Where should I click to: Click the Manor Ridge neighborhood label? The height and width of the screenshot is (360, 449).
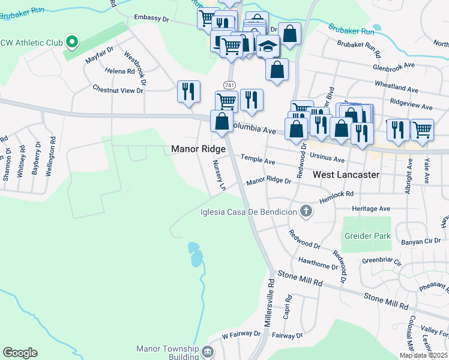198,149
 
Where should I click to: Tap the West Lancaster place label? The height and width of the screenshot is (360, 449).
346,175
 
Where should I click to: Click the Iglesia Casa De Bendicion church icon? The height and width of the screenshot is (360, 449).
306,211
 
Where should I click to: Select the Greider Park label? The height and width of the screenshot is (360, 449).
366,236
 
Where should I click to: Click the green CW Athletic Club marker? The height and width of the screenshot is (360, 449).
72,42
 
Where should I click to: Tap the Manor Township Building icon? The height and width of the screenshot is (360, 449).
208,351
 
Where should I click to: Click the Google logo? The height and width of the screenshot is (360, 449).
20,353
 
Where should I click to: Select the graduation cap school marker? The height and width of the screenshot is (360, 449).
268,46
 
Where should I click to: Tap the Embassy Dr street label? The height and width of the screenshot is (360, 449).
152,19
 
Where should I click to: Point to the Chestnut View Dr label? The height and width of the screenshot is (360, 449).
118,90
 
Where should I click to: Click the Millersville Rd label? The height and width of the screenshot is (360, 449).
269,303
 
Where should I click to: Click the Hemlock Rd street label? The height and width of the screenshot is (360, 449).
337,194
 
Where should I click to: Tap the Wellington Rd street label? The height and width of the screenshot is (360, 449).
53,155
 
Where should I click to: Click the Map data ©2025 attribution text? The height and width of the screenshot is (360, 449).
423,355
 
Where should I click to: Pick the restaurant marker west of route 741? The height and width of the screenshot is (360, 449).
188,92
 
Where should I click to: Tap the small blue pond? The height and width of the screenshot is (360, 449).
194,254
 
